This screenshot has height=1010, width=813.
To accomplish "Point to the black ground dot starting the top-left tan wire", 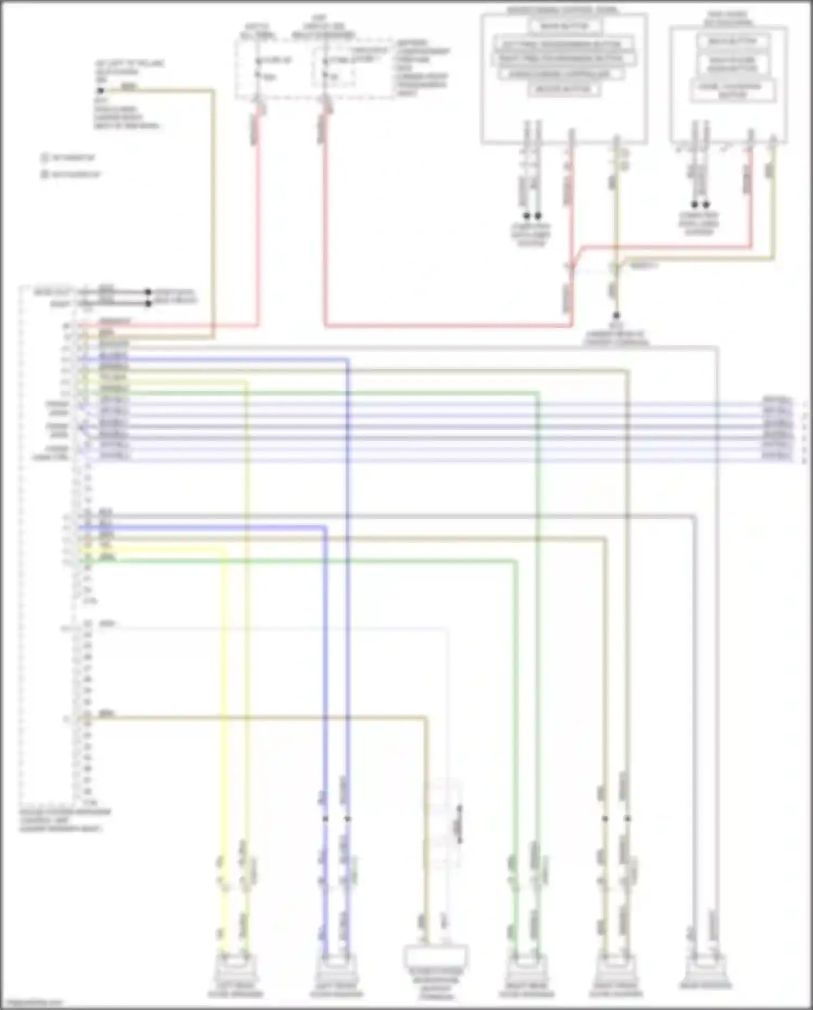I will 100,91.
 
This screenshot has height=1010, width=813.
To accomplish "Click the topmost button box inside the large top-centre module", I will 564,26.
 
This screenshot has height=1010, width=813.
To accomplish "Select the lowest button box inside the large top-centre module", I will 564,89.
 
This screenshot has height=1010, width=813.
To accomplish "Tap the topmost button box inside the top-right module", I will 727,41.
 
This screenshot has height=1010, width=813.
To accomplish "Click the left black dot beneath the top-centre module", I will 526,215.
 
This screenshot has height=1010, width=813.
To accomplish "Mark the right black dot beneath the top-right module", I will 706,205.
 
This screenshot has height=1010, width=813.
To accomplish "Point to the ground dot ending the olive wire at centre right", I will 616,315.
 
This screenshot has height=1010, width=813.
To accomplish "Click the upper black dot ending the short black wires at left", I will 148,292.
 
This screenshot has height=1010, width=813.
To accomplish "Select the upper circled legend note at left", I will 45,158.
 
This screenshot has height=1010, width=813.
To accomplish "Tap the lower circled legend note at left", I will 45,175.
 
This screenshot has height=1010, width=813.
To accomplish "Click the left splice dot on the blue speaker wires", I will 325,818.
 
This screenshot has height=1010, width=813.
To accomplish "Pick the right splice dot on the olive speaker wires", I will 628,818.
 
